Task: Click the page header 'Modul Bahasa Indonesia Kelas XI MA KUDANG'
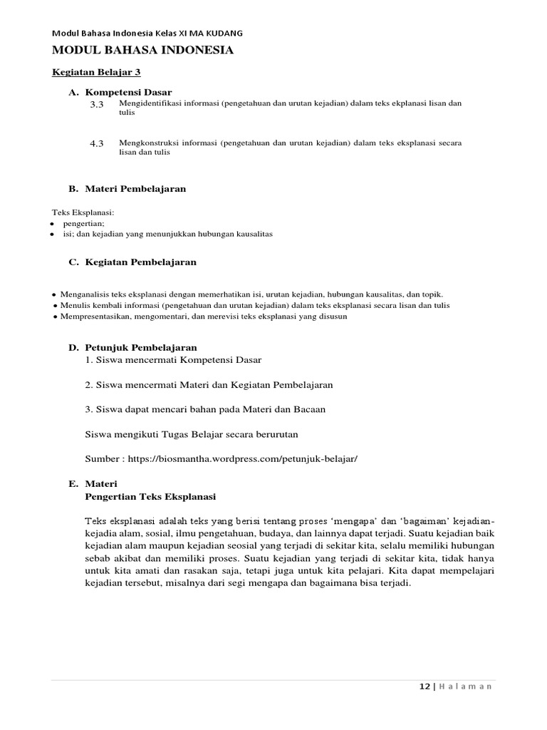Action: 147,33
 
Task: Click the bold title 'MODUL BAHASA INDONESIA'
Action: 142,50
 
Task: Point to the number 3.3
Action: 97,106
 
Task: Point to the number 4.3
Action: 97,143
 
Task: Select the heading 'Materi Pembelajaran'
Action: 135,189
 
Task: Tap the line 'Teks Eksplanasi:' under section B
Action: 83,212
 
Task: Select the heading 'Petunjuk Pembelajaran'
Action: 140,347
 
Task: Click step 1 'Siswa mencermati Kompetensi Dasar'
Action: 168,359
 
